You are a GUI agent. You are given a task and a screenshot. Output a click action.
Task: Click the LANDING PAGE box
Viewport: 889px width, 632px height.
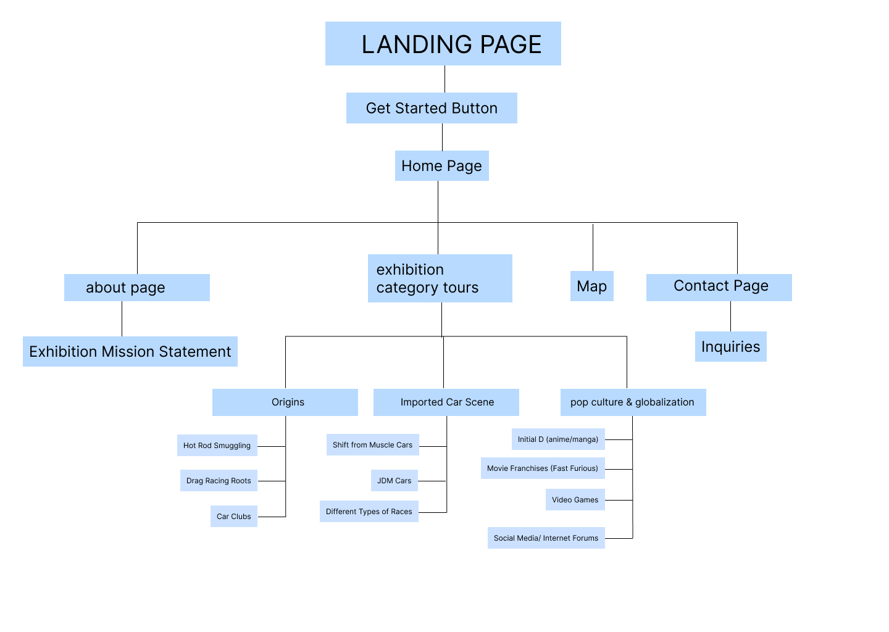point(443,44)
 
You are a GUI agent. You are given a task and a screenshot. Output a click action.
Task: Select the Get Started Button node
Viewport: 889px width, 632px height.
point(432,108)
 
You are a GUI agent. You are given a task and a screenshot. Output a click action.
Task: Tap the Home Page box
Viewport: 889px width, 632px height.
point(441,165)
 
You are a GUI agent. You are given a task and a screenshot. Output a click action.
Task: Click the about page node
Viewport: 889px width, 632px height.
point(136,288)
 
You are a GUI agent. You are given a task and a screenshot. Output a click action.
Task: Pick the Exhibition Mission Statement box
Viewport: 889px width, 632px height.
point(130,351)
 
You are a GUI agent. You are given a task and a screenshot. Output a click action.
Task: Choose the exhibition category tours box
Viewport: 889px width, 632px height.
point(440,278)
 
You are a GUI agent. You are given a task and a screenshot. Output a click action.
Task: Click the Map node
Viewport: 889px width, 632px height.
point(591,286)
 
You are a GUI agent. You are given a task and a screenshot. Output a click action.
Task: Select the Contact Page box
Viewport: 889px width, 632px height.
point(719,287)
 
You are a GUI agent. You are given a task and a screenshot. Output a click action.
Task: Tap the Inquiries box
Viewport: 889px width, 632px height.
point(730,346)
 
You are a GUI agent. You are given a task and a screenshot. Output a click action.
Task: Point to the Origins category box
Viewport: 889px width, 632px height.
point(285,402)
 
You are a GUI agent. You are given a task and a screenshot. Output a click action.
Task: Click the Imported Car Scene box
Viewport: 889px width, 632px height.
point(446,402)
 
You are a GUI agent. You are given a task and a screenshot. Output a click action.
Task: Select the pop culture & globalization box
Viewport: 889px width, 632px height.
point(633,402)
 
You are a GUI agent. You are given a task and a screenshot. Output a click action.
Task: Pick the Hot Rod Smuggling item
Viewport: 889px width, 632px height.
point(217,445)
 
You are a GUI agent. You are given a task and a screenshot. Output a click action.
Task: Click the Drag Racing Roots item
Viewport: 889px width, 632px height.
point(219,481)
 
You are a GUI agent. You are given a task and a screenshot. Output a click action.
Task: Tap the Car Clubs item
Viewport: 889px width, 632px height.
point(233,516)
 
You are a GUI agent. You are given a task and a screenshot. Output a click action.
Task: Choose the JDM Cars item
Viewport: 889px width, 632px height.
point(394,480)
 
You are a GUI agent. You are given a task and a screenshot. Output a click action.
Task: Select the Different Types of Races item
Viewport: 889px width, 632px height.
point(369,511)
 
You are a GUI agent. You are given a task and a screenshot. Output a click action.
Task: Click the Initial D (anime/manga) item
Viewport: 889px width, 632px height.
point(557,439)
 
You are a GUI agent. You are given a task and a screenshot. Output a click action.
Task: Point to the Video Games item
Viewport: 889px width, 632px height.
point(575,499)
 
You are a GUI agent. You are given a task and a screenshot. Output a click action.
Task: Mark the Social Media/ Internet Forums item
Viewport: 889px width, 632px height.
point(546,538)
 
